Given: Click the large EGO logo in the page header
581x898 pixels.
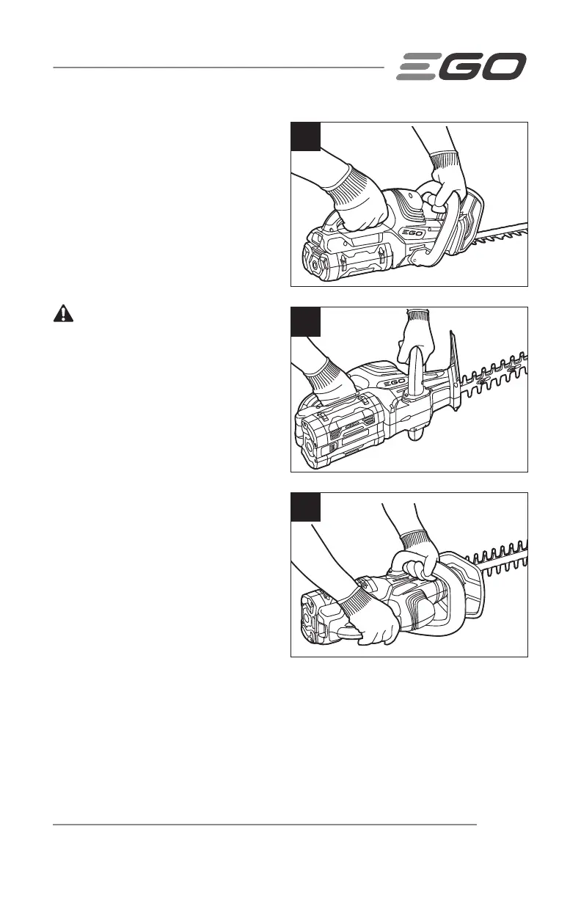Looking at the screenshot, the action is [461, 67].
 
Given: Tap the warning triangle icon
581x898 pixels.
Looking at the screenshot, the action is [65, 313].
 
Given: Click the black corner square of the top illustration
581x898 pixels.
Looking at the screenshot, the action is [306, 136].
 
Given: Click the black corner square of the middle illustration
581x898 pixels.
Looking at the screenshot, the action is [306, 321].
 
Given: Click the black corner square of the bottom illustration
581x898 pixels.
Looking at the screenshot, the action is [306, 507].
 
